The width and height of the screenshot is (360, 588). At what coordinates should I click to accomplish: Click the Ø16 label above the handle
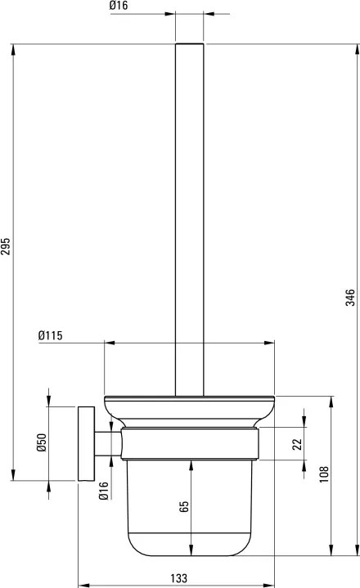click(119, 5)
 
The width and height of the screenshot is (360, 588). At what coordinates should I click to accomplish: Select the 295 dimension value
click(5, 246)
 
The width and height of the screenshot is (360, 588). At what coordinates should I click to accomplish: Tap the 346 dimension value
click(350, 298)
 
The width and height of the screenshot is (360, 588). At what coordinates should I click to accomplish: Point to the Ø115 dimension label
click(50, 335)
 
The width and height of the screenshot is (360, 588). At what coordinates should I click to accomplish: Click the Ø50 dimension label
click(42, 442)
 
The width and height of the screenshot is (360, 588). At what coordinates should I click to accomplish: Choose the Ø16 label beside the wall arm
click(103, 491)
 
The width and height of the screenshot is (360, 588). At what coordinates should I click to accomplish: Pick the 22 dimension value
click(297, 444)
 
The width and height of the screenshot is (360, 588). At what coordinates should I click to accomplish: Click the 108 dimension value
click(324, 474)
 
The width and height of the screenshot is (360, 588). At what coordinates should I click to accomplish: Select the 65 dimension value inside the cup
click(184, 506)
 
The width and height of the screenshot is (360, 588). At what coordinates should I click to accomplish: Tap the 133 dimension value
click(179, 578)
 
